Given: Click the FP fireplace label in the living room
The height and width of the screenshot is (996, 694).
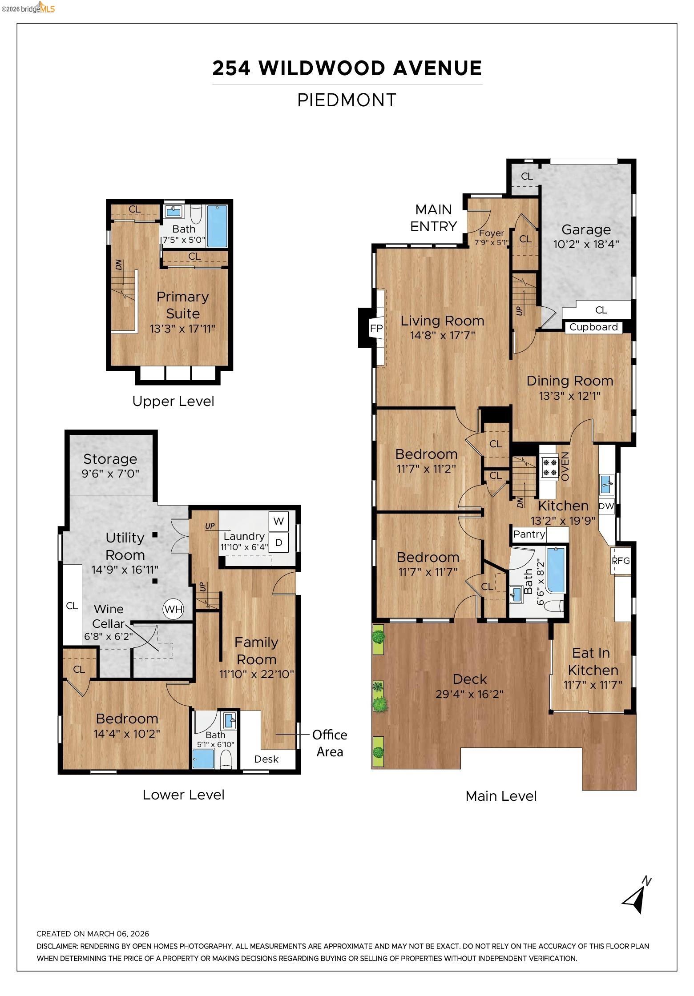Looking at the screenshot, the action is click(x=376, y=329).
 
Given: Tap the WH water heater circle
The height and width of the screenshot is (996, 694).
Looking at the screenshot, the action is click(x=173, y=609).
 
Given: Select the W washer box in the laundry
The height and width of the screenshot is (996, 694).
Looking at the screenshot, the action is click(x=278, y=521).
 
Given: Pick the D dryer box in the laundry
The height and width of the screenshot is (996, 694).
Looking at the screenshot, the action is click(x=278, y=542).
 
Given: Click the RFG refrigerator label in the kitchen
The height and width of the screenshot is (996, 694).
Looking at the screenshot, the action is click(x=621, y=561).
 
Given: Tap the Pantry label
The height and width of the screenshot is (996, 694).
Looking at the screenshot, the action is click(x=529, y=534).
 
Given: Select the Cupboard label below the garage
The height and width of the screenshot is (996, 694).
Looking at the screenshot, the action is click(x=593, y=327).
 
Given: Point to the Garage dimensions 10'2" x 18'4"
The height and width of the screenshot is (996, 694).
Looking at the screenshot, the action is click(x=586, y=244).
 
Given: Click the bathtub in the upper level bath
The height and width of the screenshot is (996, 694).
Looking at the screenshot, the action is click(x=217, y=226).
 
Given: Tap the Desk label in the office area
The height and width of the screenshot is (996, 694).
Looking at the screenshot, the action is click(x=266, y=759).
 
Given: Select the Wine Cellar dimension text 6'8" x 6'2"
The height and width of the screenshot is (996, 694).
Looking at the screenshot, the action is click(x=109, y=636).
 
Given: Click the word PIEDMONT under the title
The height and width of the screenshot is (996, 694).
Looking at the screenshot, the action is click(x=347, y=100).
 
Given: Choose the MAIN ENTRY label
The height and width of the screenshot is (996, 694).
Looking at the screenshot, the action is click(x=433, y=218).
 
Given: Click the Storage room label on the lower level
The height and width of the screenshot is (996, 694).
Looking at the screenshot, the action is click(x=110, y=459).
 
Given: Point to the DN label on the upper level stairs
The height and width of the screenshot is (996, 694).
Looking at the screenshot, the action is click(x=119, y=265).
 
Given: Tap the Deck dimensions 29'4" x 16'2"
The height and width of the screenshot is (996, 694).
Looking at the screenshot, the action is click(x=469, y=694).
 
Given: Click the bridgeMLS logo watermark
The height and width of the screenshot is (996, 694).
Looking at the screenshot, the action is click(x=28, y=8).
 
